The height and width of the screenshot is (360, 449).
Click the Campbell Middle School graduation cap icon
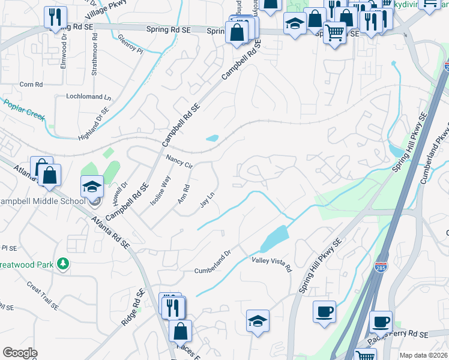92,187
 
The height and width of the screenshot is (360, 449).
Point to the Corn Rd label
31,85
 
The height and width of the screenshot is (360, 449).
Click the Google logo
20,353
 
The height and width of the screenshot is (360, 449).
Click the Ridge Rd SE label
133,308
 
